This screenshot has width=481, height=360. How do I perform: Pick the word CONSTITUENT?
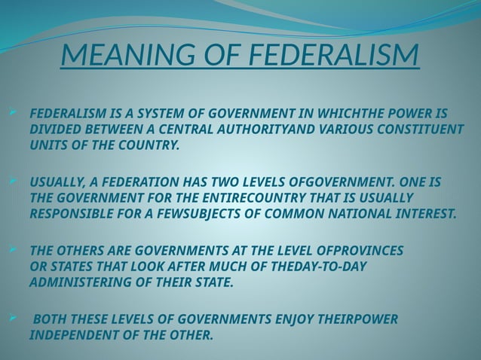(x=418, y=129)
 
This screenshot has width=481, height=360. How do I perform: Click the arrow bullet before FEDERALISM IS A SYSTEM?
(x=11, y=113)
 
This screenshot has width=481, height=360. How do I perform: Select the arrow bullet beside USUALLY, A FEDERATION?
(x=11, y=182)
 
